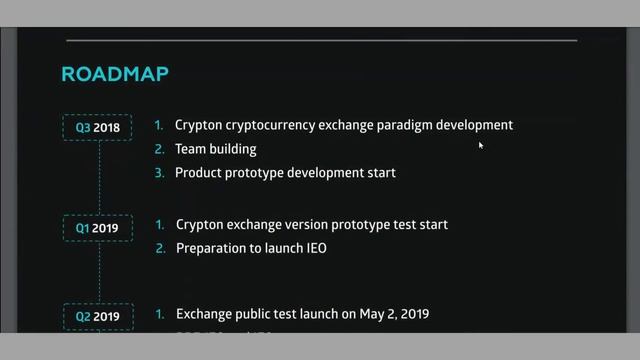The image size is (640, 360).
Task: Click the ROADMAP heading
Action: [115, 74]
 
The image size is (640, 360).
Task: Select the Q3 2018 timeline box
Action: [98, 128]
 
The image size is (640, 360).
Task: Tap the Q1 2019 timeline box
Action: [98, 228]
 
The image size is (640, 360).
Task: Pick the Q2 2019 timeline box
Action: [98, 317]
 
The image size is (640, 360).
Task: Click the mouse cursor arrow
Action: [481, 145]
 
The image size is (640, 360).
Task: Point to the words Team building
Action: [215, 149]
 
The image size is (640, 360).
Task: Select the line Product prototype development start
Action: [285, 173]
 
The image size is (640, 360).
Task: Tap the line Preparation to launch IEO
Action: [251, 248]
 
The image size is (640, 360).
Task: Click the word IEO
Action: [314, 248]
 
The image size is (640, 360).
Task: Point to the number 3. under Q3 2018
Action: [159, 173]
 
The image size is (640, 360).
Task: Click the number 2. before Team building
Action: [159, 149]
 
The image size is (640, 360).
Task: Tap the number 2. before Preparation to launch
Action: [160, 248]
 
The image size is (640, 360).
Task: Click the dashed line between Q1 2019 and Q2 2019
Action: [98, 272]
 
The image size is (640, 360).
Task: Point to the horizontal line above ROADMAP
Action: [320, 41]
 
